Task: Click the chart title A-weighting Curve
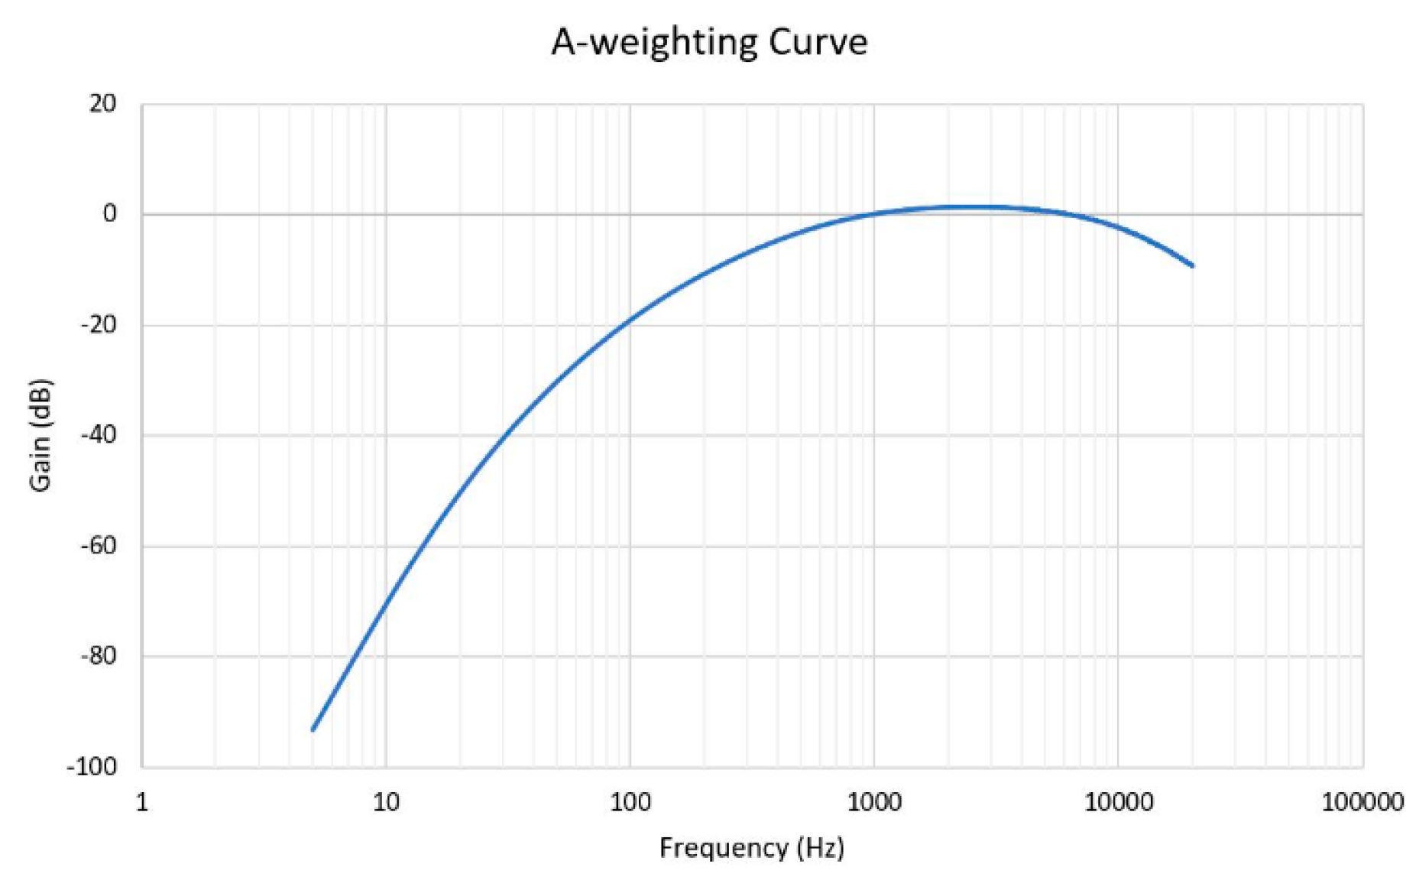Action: (709, 42)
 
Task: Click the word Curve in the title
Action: (818, 42)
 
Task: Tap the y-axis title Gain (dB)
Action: (40, 435)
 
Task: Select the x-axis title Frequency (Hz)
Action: (752, 848)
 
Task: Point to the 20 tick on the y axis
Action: (102, 104)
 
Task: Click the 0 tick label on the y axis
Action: (110, 214)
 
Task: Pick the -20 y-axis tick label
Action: (99, 325)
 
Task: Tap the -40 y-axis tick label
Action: (99, 435)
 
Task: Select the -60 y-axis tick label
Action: (99, 546)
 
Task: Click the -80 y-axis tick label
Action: (99, 656)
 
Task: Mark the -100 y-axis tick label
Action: (92, 767)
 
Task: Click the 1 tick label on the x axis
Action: (142, 802)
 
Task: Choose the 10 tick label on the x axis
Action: (386, 802)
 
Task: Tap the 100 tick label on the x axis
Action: (630, 802)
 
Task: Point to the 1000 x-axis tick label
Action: (874, 802)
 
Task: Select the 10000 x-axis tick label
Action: (1119, 802)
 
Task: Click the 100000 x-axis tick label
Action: (1362, 802)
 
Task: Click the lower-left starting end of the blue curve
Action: (313, 729)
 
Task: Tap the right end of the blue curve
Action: (1192, 265)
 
